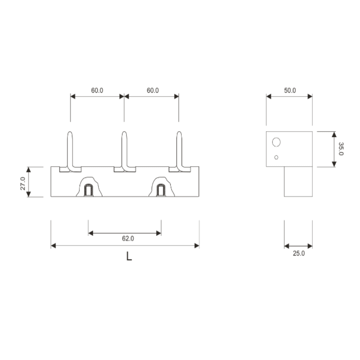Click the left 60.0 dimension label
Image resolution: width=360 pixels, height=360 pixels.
pos(97,90)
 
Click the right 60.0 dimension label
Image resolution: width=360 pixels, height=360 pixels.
pos(153,90)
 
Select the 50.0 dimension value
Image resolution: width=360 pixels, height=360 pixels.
pos(290,90)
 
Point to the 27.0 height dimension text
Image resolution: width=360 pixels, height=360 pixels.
pos(23,183)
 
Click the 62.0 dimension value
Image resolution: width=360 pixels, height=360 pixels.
pos(128,239)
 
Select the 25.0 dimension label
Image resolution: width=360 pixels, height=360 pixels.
pos(299,253)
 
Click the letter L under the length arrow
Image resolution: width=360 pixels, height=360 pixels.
pos(129,256)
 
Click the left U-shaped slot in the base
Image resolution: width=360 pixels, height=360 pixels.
pos(88,190)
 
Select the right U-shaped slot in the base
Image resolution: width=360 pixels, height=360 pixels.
pos(161,190)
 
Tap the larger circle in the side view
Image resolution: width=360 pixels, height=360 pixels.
pos(276,142)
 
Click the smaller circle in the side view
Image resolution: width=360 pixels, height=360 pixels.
pos(276,157)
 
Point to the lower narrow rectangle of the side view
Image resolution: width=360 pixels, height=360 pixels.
pos(298,182)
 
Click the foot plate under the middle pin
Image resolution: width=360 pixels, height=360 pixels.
pos(125,170)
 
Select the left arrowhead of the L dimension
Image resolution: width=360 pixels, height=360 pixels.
pos(53,246)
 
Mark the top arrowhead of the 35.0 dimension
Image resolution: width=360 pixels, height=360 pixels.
pos(334,134)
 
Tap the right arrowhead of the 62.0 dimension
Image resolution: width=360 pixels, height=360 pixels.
pos(159,233)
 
